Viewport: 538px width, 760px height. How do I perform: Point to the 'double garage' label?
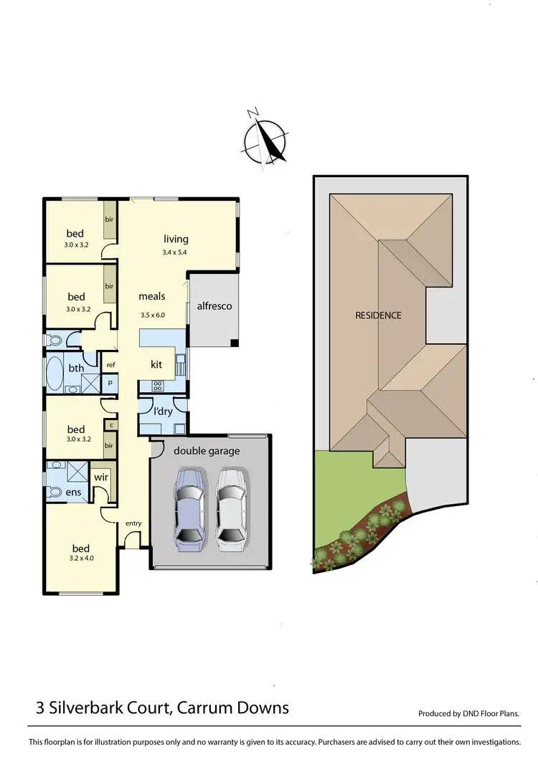[x=207, y=451]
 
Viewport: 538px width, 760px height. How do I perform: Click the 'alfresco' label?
[x=214, y=305]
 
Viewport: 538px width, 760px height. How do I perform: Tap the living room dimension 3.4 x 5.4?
[x=175, y=252]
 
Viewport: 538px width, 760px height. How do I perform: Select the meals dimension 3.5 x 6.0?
[x=151, y=314]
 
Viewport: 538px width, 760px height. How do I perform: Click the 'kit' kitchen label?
[x=156, y=364]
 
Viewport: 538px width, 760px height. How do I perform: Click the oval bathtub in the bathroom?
[x=55, y=373]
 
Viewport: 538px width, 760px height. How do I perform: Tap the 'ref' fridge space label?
[x=110, y=365]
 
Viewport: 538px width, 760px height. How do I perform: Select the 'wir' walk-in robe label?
[x=100, y=475]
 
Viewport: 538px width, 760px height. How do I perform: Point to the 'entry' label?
[x=133, y=523]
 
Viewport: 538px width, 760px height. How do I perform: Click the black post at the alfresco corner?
[x=235, y=343]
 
